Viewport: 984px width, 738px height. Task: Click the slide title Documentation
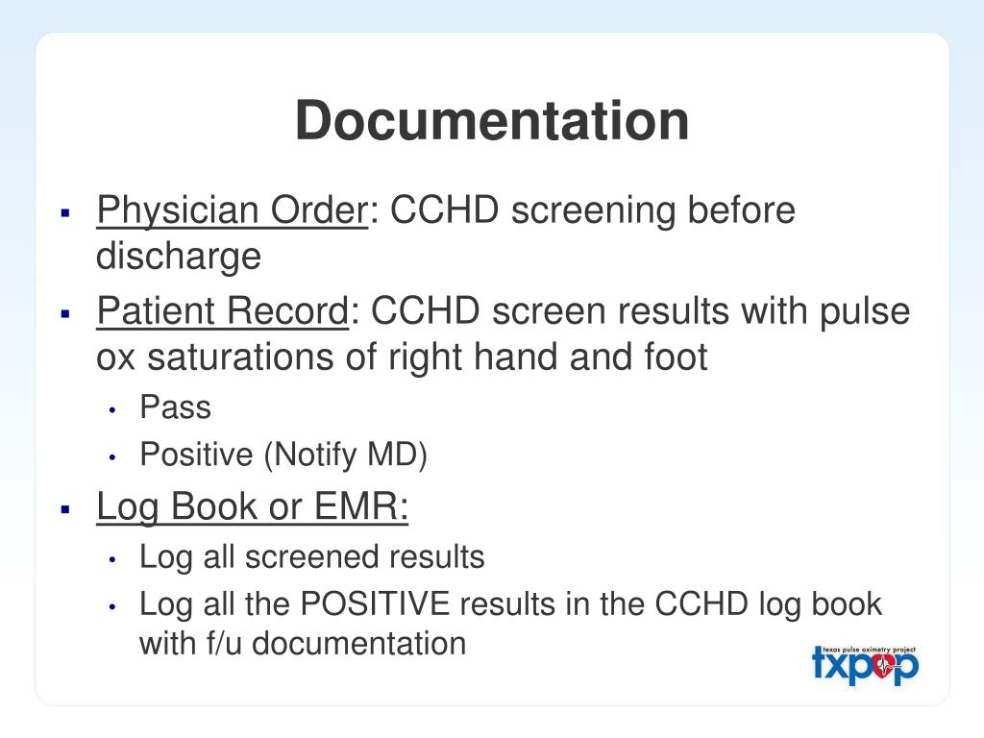492,121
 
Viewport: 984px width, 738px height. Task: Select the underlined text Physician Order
231,209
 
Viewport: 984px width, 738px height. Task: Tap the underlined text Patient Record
222,311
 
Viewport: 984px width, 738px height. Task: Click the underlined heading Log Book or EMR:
253,506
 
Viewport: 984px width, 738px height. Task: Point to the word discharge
178,256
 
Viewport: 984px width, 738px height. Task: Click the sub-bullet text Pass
175,407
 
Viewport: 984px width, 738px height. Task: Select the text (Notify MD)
345,455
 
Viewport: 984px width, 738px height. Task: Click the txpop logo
865,664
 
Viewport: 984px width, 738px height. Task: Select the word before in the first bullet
740,209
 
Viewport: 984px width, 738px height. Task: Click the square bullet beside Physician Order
66,211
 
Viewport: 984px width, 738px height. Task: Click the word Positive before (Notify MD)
196,455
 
